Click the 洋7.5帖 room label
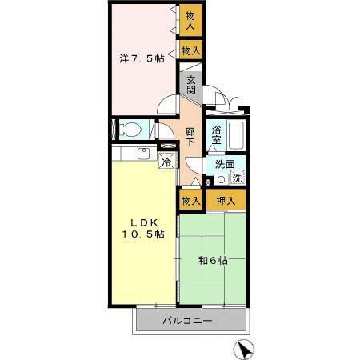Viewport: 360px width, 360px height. (x=142, y=58)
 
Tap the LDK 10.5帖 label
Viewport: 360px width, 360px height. (x=143, y=228)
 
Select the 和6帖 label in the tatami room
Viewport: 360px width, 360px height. (x=213, y=261)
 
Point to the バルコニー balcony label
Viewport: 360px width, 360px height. (x=187, y=321)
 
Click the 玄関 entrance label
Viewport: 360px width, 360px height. (x=191, y=85)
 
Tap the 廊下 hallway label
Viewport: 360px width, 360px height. (x=190, y=137)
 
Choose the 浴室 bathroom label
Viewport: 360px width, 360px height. (x=216, y=135)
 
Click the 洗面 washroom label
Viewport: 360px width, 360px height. (x=225, y=164)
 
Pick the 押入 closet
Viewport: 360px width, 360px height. (x=226, y=200)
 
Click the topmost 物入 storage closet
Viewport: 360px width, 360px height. (x=190, y=20)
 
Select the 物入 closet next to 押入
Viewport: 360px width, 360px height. (x=190, y=200)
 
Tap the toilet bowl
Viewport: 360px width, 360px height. (x=130, y=130)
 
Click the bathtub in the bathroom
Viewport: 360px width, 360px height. (x=236, y=135)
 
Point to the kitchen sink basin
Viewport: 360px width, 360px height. (x=143, y=154)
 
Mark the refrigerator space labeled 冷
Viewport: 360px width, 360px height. (x=167, y=161)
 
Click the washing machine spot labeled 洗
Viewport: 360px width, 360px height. (x=237, y=178)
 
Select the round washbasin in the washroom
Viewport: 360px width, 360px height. (x=221, y=179)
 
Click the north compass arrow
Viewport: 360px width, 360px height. (x=244, y=349)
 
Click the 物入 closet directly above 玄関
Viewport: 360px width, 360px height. (x=190, y=50)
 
